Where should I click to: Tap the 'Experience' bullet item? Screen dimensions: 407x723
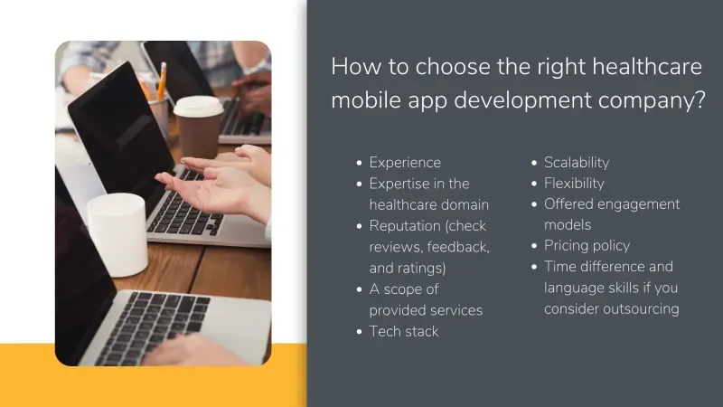(x=405, y=163)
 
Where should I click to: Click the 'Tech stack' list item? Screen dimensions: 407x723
(x=404, y=331)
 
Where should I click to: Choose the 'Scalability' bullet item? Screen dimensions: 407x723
(x=577, y=163)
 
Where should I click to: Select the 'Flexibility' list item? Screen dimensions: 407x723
(x=574, y=184)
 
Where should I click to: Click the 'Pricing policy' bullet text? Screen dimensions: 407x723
(x=587, y=246)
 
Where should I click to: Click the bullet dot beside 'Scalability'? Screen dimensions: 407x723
(x=534, y=163)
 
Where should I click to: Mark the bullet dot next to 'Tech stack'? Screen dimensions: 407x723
(x=360, y=331)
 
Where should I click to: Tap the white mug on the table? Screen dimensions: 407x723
(x=117, y=233)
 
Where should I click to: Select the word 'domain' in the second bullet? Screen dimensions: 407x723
(x=466, y=204)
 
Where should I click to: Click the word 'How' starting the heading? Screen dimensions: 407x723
(x=350, y=66)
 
